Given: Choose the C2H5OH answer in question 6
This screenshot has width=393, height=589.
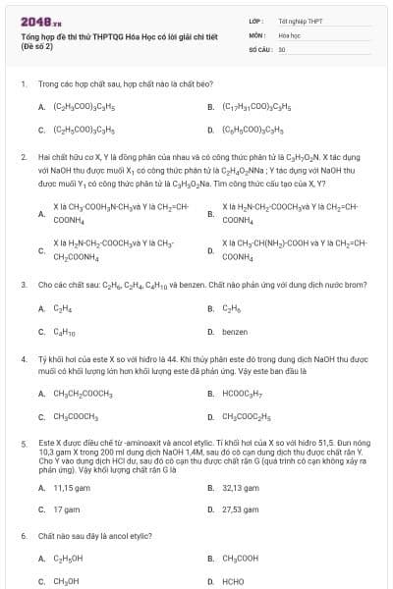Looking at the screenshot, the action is pos(68,559).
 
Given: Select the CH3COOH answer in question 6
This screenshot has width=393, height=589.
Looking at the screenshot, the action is pos(241,559).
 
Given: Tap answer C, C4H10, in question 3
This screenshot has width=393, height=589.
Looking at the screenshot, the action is pos(66,332).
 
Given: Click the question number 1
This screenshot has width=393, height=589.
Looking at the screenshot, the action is pos(24,84).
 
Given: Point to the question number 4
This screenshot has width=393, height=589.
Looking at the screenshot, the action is pos(24,359).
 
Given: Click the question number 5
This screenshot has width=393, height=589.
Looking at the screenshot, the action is pos(24,444).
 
